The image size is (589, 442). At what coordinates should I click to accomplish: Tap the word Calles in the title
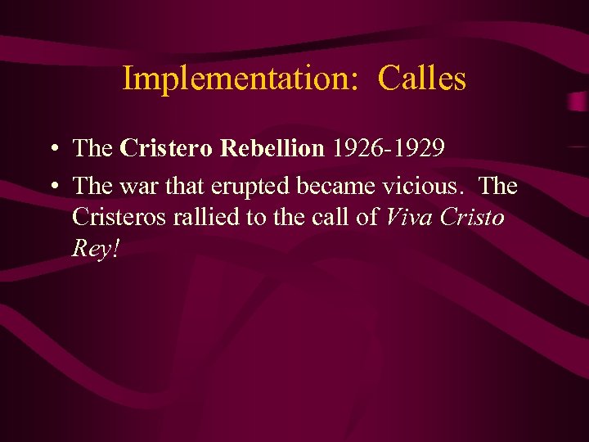click(x=422, y=79)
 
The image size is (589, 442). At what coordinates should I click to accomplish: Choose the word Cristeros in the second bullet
click(x=119, y=217)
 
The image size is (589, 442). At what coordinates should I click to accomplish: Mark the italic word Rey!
click(x=97, y=248)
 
